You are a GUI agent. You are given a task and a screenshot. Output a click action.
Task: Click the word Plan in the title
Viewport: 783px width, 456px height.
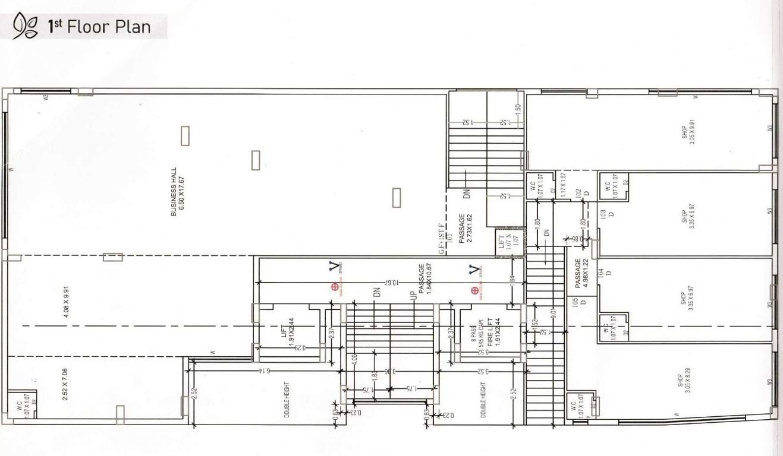tap(134, 27)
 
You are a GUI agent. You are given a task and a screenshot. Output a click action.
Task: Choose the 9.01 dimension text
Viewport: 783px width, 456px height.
tap(553, 311)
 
